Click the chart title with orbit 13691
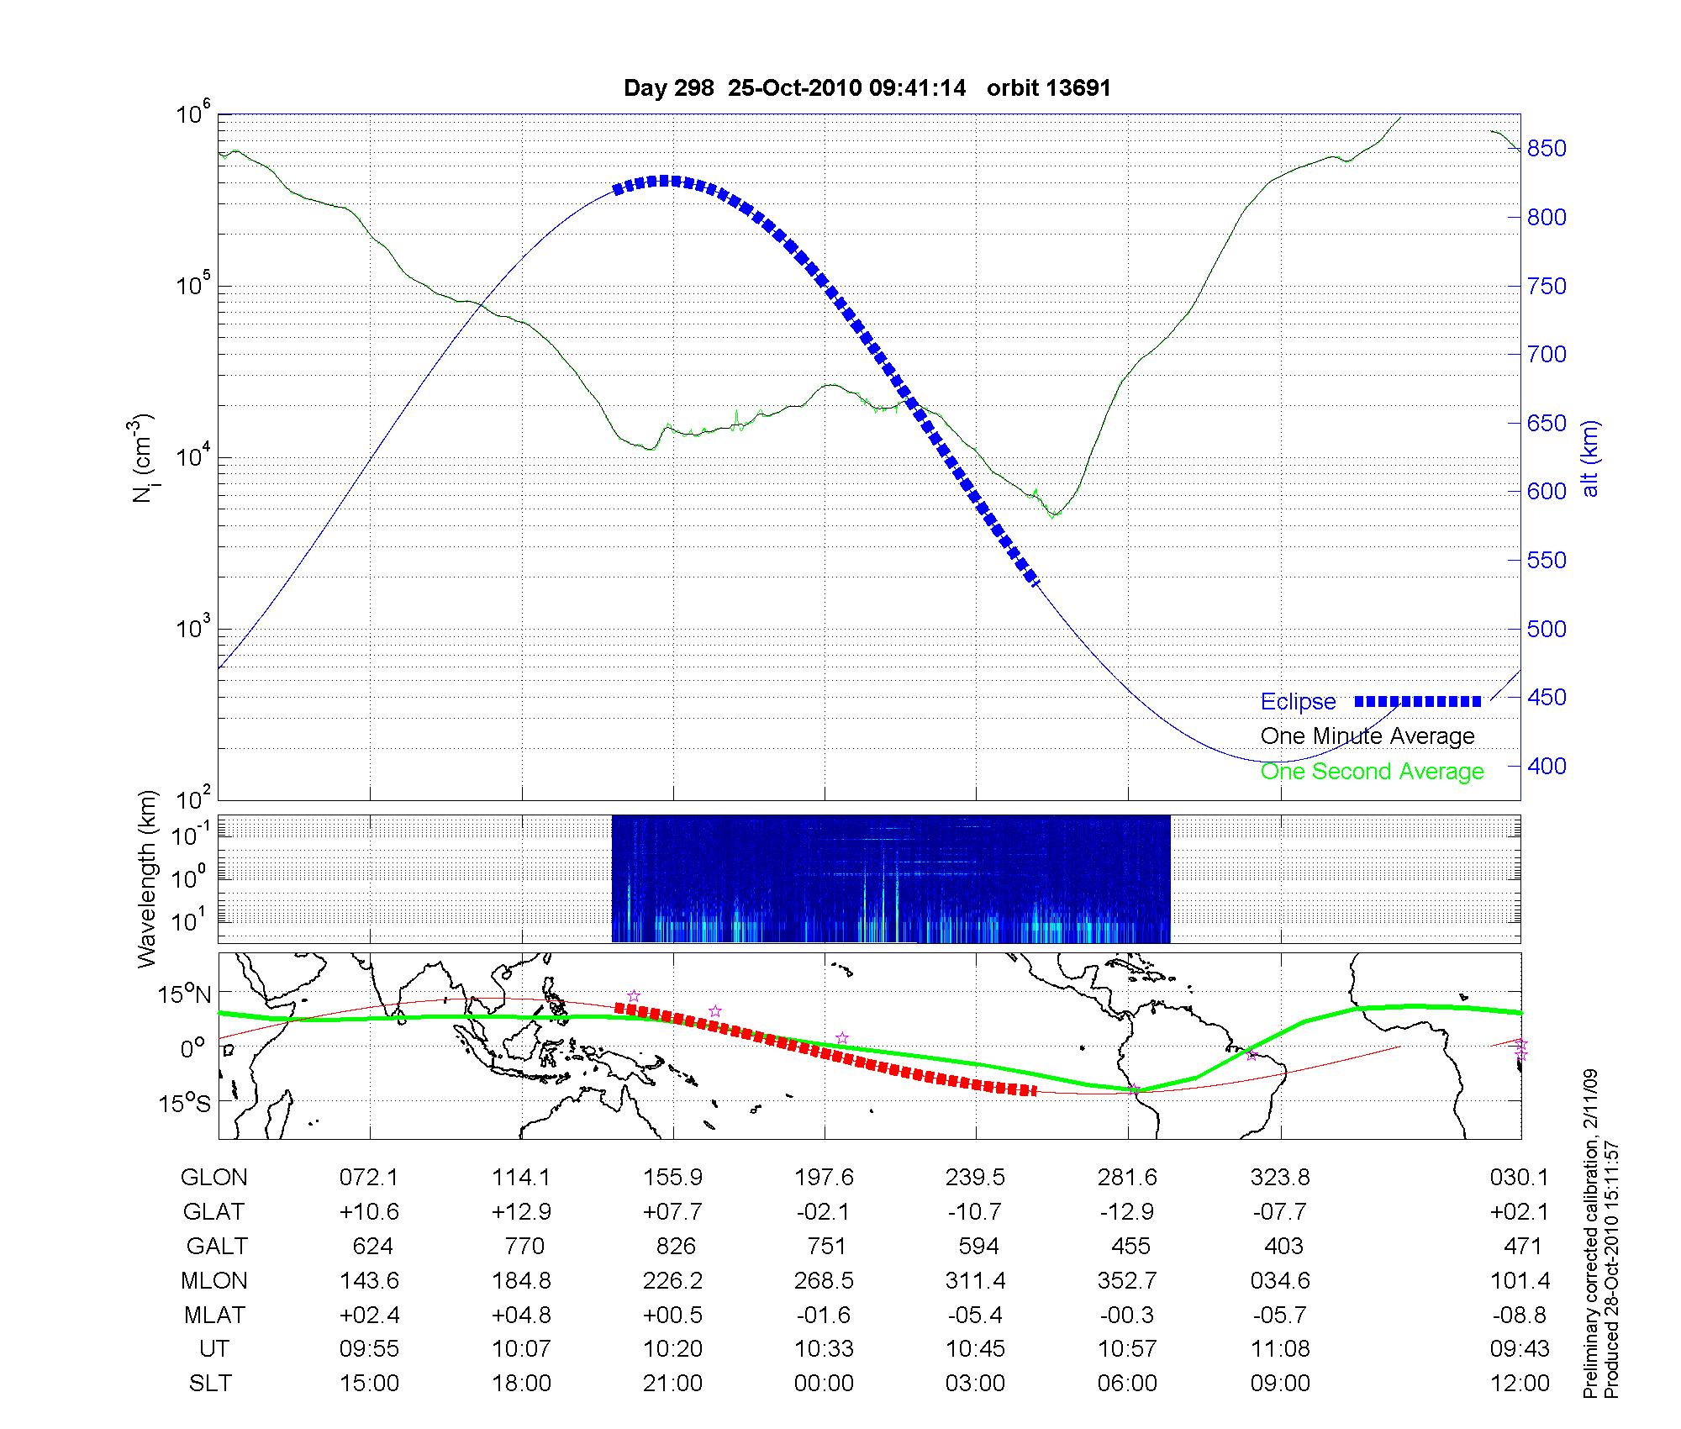867,88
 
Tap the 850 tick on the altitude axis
1547,149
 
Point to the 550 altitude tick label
1547,561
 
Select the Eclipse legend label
1298,702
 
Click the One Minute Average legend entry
1367,736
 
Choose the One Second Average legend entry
1372,772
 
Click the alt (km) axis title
1590,458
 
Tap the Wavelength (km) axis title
148,878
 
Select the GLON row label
214,1178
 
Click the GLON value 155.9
672,1178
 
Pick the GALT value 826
676,1247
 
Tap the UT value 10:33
824,1349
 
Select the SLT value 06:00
1127,1384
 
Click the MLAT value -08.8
1520,1315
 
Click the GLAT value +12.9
521,1212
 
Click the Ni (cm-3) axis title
143,458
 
